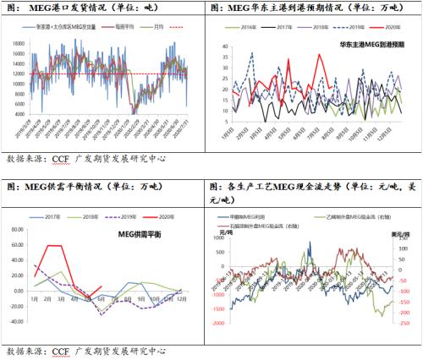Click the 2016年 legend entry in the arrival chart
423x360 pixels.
(x=247, y=28)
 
